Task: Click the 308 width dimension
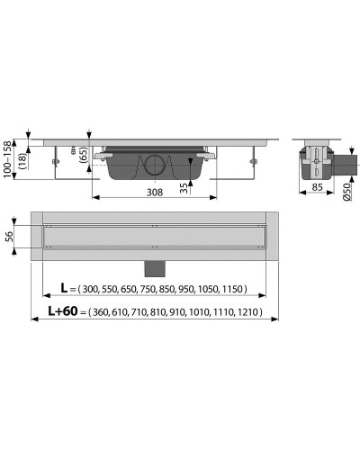[155, 192]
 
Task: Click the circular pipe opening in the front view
[154, 166]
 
